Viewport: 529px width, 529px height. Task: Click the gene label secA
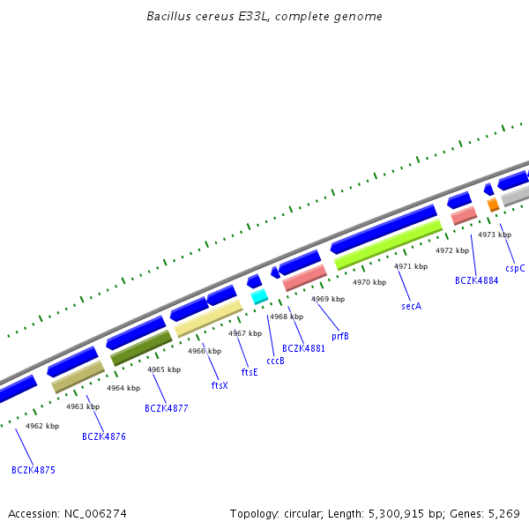tap(412, 306)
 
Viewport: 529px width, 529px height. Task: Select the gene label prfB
tap(340, 336)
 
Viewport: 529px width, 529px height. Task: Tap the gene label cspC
tap(515, 268)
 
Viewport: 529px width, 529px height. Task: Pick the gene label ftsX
tap(220, 385)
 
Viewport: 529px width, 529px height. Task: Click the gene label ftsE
tap(250, 372)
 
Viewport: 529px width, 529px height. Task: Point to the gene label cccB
tap(275, 361)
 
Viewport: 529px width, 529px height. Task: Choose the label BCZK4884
tap(476, 280)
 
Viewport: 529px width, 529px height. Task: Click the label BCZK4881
tap(303, 348)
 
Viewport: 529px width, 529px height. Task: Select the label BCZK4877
tap(167, 408)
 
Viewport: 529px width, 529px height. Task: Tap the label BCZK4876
tap(104, 436)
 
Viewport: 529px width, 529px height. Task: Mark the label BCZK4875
tap(34, 470)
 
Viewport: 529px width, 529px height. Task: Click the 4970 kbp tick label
tap(369, 282)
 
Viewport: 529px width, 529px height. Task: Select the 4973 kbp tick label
tap(495, 235)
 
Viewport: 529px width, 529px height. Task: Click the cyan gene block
tap(259, 297)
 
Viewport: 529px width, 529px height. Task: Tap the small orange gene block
tap(493, 205)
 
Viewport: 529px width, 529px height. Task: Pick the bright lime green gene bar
tap(388, 244)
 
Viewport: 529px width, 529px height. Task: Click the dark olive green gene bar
tap(141, 348)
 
